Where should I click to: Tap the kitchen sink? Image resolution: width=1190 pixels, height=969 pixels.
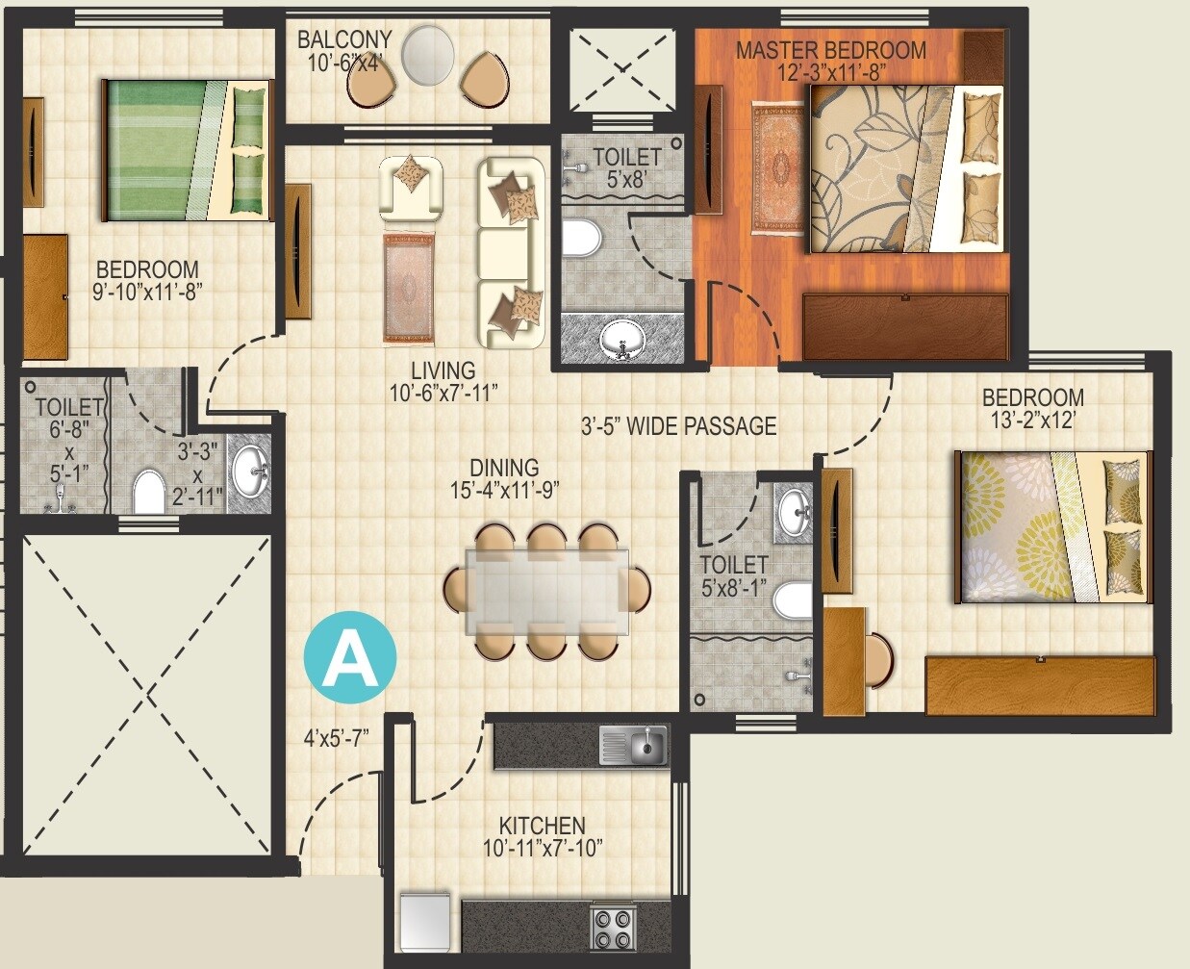coord(633,746)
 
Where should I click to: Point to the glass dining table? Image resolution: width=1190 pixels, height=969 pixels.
coord(546,590)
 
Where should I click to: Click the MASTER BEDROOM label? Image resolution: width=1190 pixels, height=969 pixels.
coord(831,50)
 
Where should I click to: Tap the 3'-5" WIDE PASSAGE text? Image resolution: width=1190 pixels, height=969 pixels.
coord(678,425)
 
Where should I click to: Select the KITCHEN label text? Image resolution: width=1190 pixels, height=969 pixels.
coord(542,826)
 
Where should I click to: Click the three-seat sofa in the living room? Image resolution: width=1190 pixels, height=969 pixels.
coord(511,253)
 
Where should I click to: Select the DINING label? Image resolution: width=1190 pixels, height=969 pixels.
coord(505,468)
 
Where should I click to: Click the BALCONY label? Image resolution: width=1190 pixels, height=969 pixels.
coord(343,39)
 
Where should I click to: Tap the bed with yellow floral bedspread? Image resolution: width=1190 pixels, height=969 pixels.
coord(1052,526)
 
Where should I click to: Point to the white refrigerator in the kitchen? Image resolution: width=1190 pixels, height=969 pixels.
coord(424,920)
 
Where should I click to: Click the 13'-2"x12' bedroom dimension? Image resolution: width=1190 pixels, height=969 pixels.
coord(1032,420)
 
